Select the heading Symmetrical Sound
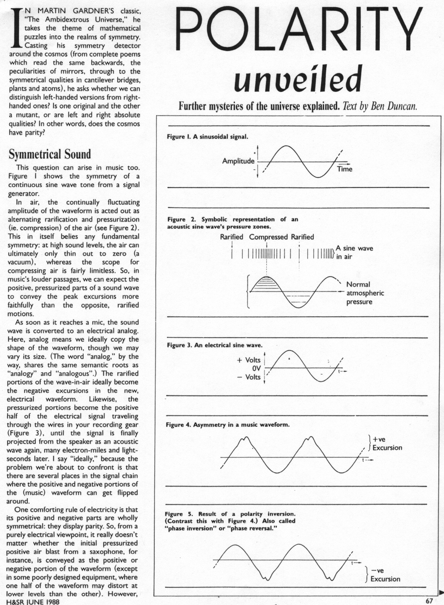tap(50, 155)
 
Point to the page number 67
tap(429, 601)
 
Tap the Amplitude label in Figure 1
tap(238, 161)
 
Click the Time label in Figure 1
tap(345, 169)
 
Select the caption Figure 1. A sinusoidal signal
tap(207, 136)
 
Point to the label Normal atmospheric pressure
tap(365, 293)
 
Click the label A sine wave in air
tap(354, 252)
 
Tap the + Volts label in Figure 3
tap(249, 360)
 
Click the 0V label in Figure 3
tap(256, 369)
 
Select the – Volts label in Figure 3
tap(249, 377)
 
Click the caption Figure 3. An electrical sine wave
tap(214, 345)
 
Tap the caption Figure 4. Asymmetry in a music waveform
tap(227, 425)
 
